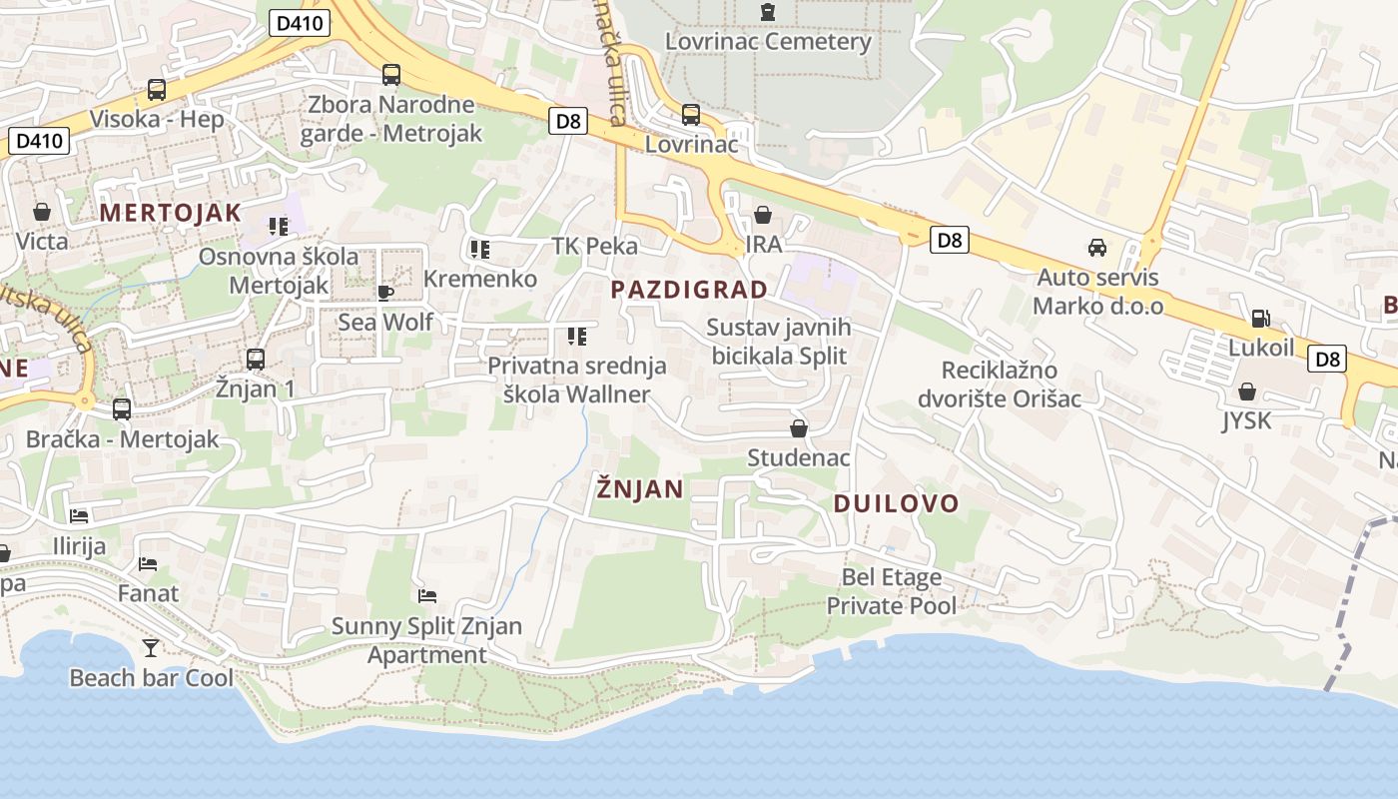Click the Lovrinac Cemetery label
tap(768, 42)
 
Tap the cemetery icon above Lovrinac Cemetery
tap(767, 12)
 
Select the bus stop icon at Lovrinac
tap(690, 114)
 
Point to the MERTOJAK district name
tap(171, 212)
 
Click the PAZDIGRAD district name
tap(689, 290)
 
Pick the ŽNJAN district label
tap(640, 488)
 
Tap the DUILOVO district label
tap(896, 503)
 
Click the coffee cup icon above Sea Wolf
tap(384, 293)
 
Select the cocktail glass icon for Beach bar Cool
tap(150, 648)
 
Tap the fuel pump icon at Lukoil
tap(1260, 319)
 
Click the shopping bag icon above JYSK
tap(1246, 392)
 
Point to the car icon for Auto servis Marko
tap(1097, 247)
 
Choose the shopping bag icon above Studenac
tap(799, 428)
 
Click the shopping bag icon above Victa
tap(42, 212)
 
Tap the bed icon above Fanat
tap(148, 564)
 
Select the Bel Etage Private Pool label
tap(891, 591)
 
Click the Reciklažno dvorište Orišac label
tap(1000, 385)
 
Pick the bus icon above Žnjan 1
tap(256, 359)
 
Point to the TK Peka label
tap(594, 246)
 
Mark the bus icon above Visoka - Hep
tap(157, 89)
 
